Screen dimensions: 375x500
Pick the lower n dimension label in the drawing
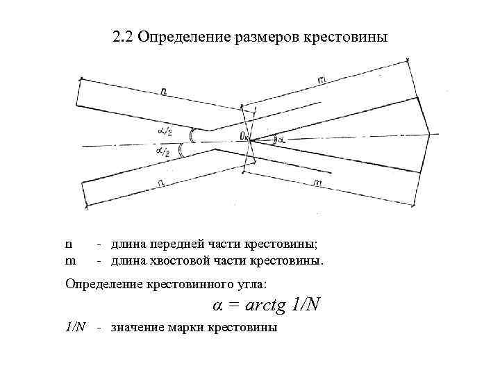tap(160, 181)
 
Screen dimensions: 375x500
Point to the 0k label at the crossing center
tap(244, 137)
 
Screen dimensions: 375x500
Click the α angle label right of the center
tap(281, 139)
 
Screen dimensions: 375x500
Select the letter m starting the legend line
tap(70, 261)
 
